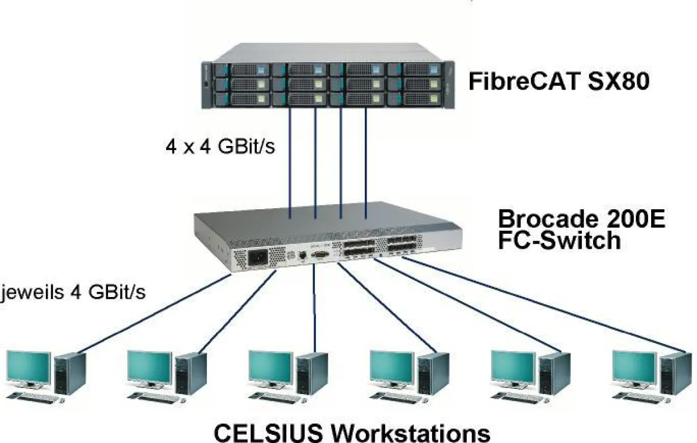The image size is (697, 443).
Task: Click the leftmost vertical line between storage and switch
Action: (x=290, y=163)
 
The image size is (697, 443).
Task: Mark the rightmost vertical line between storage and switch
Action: (x=366, y=163)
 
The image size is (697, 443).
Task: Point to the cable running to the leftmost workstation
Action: (x=157, y=314)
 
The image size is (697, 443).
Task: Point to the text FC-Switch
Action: (x=559, y=240)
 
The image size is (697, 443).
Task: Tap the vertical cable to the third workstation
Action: (x=314, y=308)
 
